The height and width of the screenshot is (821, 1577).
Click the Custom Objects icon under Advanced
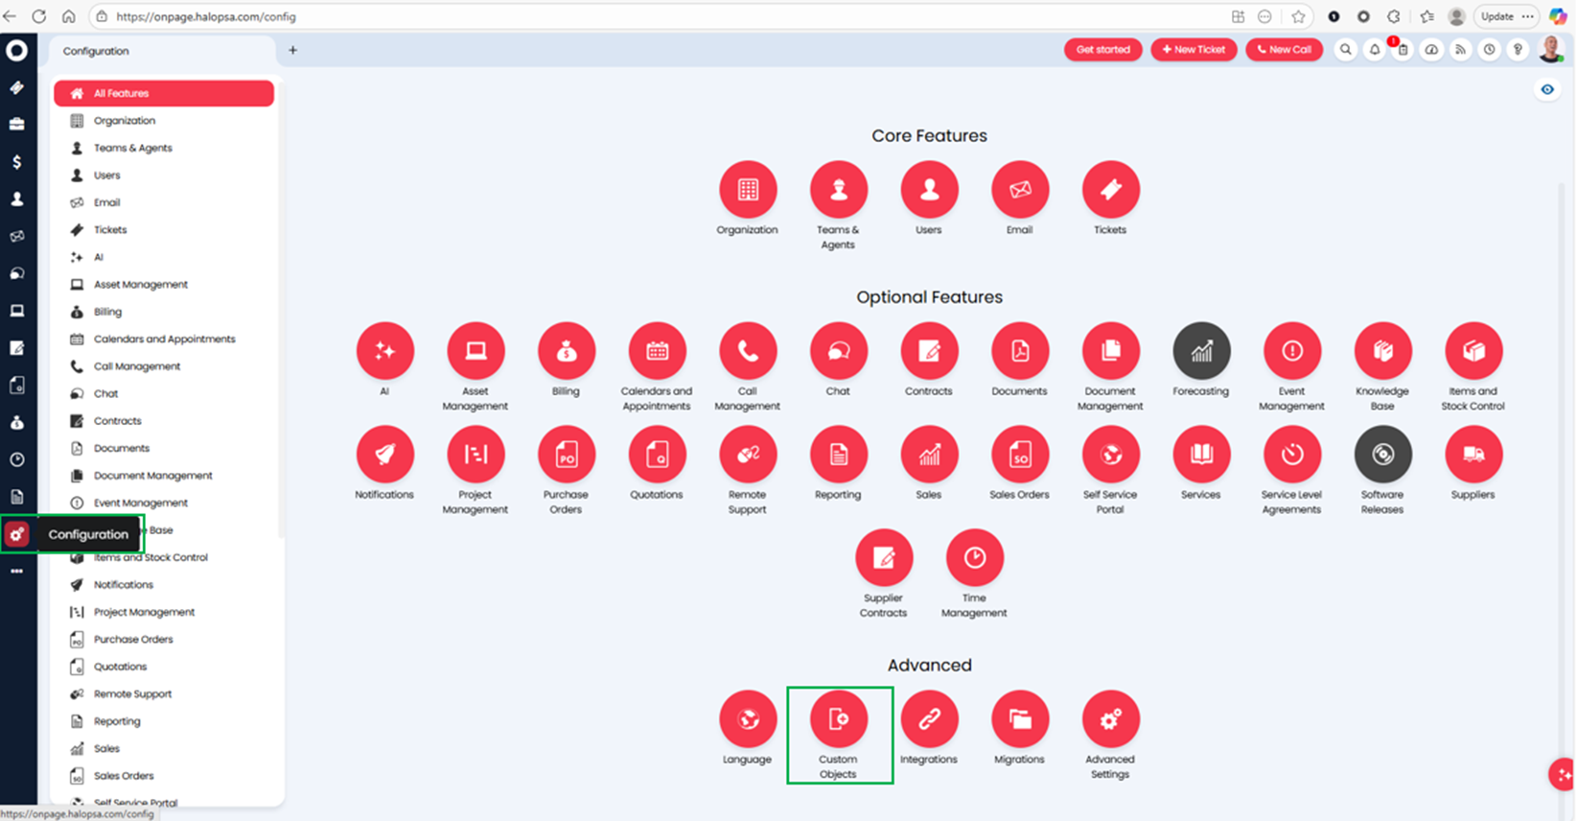tap(839, 719)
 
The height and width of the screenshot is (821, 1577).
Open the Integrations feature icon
tap(929, 719)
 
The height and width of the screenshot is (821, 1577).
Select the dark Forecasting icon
tap(1201, 351)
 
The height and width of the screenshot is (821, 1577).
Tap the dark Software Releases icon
tap(1382, 455)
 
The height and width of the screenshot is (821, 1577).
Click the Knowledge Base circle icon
tap(1382, 351)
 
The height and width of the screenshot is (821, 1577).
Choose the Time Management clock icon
tap(974, 558)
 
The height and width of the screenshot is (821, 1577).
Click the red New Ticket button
tap(1194, 50)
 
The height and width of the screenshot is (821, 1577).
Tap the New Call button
tap(1284, 50)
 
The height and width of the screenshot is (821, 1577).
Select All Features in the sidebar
tap(164, 93)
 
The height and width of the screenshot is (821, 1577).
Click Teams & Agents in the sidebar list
tap(132, 148)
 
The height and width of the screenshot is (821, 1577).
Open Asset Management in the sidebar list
tap(140, 285)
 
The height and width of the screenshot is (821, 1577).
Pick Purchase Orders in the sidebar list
tap(133, 640)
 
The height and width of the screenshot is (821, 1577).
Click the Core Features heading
tap(929, 136)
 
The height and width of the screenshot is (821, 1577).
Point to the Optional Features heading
tap(929, 297)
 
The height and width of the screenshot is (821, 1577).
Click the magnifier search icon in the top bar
tap(1346, 50)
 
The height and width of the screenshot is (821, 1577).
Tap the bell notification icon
tap(1375, 50)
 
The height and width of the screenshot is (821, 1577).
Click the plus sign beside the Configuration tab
tap(293, 51)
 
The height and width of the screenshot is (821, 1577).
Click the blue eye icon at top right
tap(1547, 90)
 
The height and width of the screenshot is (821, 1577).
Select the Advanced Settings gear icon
tap(1110, 719)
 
